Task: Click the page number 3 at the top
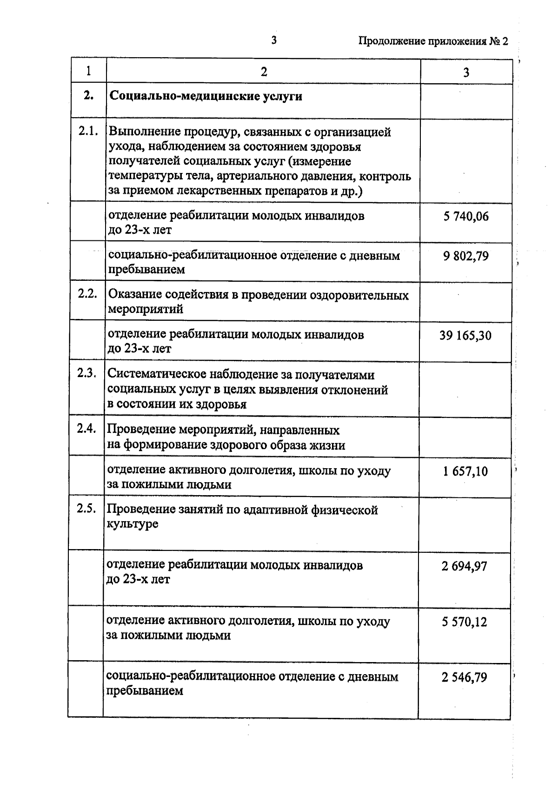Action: pos(274,40)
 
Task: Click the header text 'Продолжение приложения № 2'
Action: pos(433,41)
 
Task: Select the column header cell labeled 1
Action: pos(88,71)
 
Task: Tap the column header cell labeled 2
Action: pos(264,72)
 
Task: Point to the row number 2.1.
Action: pos(88,131)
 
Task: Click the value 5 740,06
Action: pos(466,216)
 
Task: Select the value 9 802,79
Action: pos(466,256)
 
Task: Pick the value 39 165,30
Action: pos(465,335)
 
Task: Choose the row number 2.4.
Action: pos(87,428)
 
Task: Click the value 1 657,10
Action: pos(465,471)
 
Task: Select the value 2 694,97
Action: pos(465,566)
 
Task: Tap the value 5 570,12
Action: pos(465,622)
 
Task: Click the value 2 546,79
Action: pos(465,677)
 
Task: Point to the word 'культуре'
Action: pos(133,524)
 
